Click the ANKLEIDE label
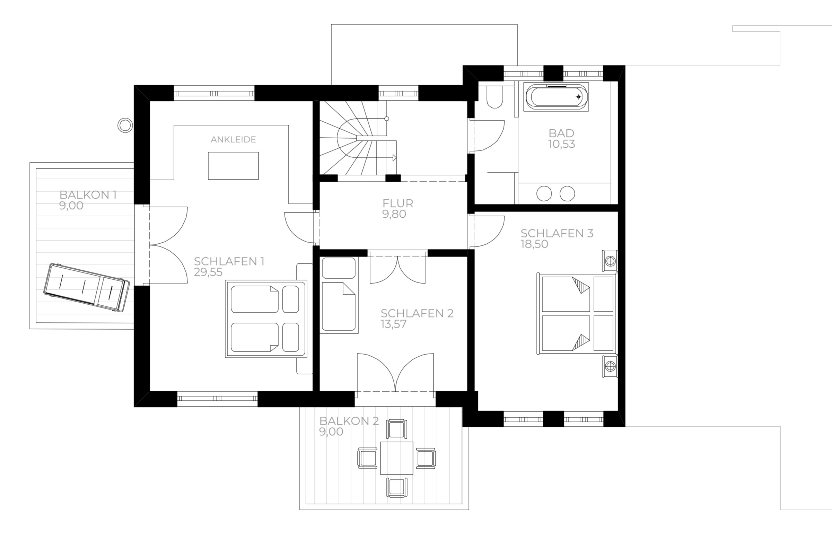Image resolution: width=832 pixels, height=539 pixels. pyautogui.click(x=233, y=140)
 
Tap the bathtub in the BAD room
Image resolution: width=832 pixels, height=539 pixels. pyautogui.click(x=556, y=97)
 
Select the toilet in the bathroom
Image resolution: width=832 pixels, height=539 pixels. pyautogui.click(x=494, y=97)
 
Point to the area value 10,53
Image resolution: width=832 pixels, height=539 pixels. pyautogui.click(x=561, y=144)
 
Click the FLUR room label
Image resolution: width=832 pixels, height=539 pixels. pyautogui.click(x=398, y=203)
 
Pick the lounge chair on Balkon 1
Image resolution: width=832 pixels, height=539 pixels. pyautogui.click(x=86, y=287)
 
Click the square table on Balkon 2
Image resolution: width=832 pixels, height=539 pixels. pyautogui.click(x=397, y=458)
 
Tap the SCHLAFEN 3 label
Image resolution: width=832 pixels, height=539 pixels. pyautogui.click(x=557, y=233)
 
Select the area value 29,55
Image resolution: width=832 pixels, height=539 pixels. pyautogui.click(x=208, y=272)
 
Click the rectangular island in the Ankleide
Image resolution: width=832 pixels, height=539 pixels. pyautogui.click(x=233, y=166)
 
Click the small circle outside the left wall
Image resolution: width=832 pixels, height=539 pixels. pyautogui.click(x=124, y=125)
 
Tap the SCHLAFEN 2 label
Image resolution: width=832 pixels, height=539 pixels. pyautogui.click(x=417, y=313)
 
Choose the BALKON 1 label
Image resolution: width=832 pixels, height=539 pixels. pyautogui.click(x=88, y=195)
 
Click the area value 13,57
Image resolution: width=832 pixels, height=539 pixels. pyautogui.click(x=394, y=324)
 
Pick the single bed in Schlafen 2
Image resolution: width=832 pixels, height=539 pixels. pyautogui.click(x=339, y=295)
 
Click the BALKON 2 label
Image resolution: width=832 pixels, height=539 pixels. pyautogui.click(x=349, y=421)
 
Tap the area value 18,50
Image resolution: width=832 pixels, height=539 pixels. pyautogui.click(x=534, y=244)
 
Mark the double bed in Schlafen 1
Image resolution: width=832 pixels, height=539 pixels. pyautogui.click(x=266, y=319)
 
